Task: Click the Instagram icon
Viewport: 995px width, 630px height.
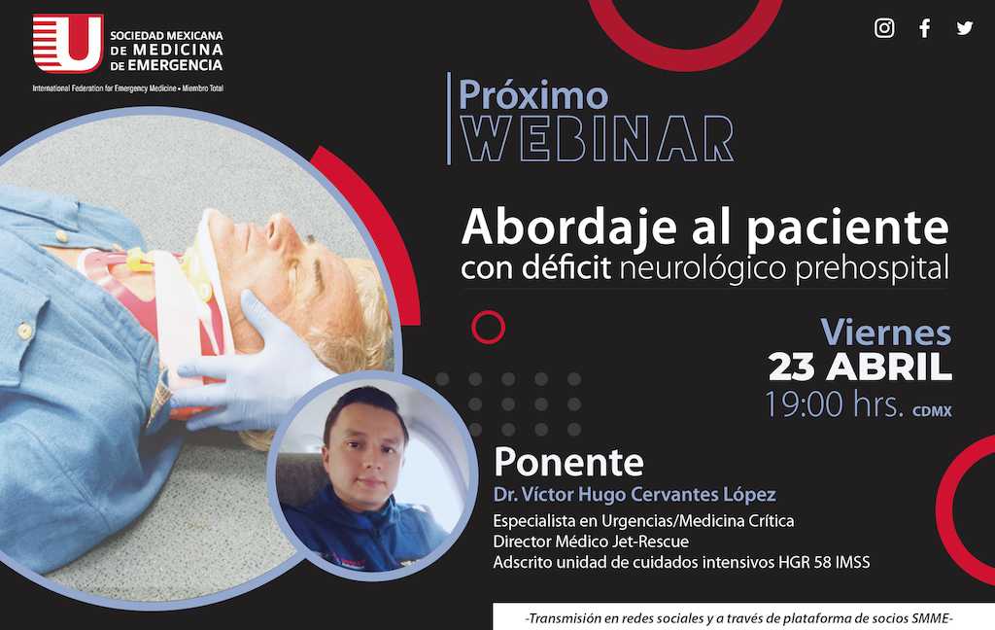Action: click(884, 28)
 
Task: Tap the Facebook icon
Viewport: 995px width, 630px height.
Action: click(925, 28)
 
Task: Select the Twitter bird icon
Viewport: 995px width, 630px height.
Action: click(965, 28)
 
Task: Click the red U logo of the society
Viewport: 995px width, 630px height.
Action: click(68, 43)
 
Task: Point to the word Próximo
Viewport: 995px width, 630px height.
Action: click(533, 95)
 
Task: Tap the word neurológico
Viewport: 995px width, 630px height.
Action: click(703, 268)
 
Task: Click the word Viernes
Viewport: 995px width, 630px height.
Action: click(886, 332)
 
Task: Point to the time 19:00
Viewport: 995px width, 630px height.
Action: click(804, 403)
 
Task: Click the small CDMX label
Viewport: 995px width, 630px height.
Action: click(932, 411)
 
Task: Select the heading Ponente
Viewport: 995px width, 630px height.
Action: click(568, 462)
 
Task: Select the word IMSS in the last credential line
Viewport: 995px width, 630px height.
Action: click(852, 562)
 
